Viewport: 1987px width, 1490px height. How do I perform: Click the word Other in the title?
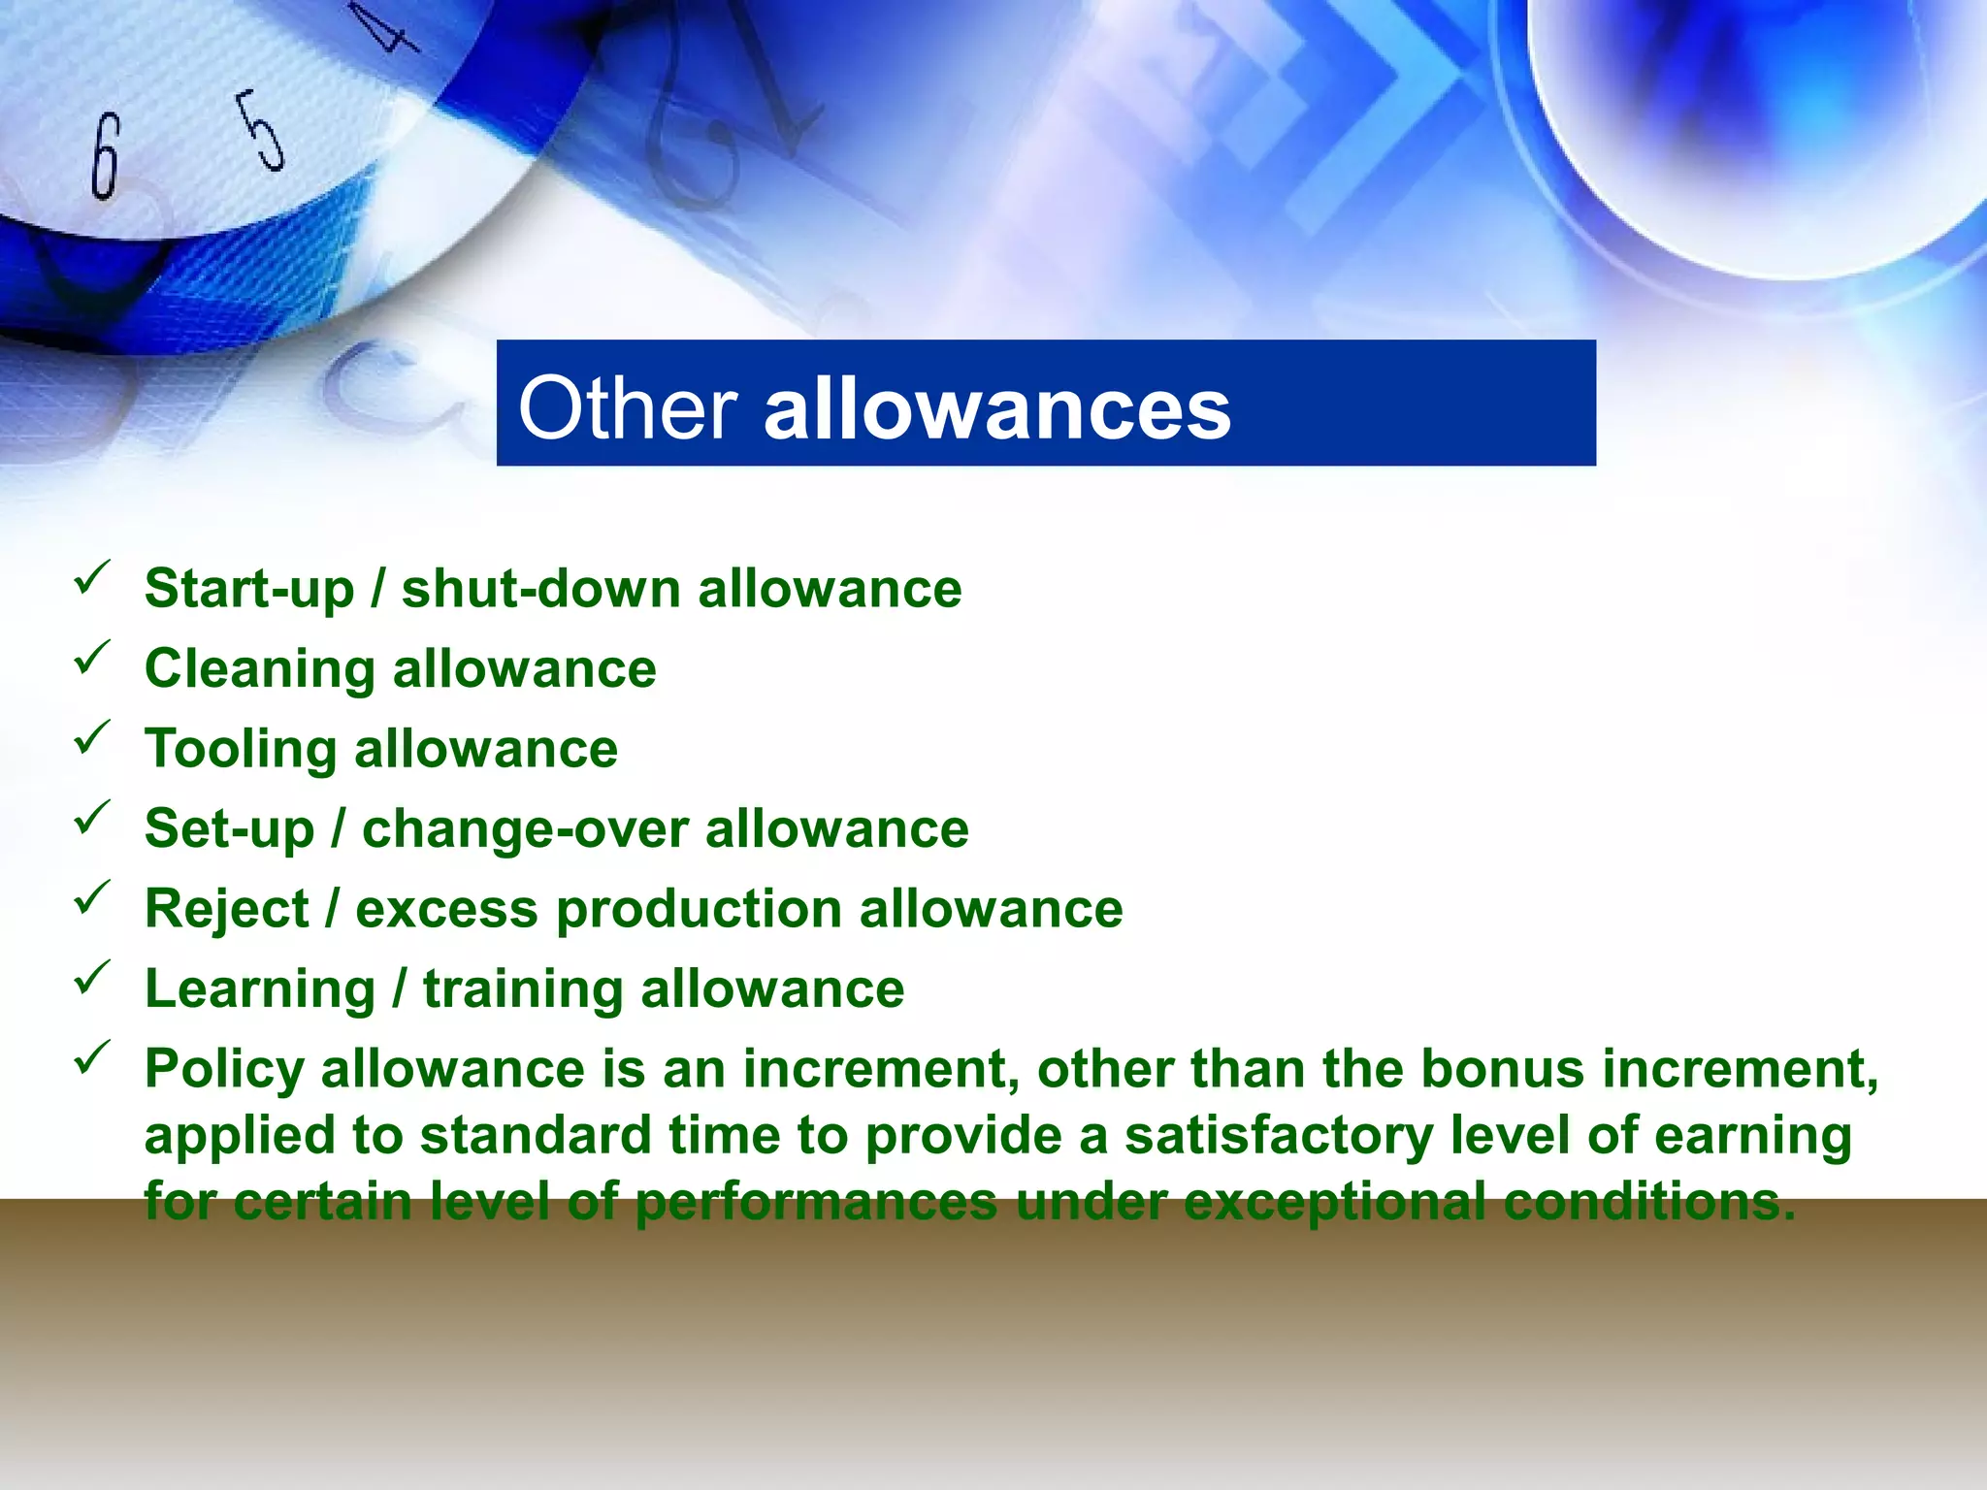coord(627,408)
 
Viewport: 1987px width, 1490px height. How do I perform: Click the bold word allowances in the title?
coord(997,408)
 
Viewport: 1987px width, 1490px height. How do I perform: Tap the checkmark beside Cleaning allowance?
coord(92,659)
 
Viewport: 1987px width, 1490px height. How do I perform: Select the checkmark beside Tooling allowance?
coord(92,739)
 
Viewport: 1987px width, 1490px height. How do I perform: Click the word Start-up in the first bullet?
coord(249,590)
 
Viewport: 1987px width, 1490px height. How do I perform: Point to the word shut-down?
coord(540,589)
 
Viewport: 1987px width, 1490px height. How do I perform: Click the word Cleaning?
coord(260,669)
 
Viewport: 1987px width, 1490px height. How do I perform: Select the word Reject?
coord(227,910)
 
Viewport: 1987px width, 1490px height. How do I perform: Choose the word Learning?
coord(260,989)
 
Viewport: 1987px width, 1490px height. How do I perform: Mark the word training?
coord(523,989)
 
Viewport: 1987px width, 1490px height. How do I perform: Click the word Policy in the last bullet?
coord(225,1070)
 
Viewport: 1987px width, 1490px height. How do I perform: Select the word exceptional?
coord(1334,1203)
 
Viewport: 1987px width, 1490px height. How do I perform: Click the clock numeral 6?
coord(105,155)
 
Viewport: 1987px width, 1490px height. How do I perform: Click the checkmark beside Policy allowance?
coord(92,1058)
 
